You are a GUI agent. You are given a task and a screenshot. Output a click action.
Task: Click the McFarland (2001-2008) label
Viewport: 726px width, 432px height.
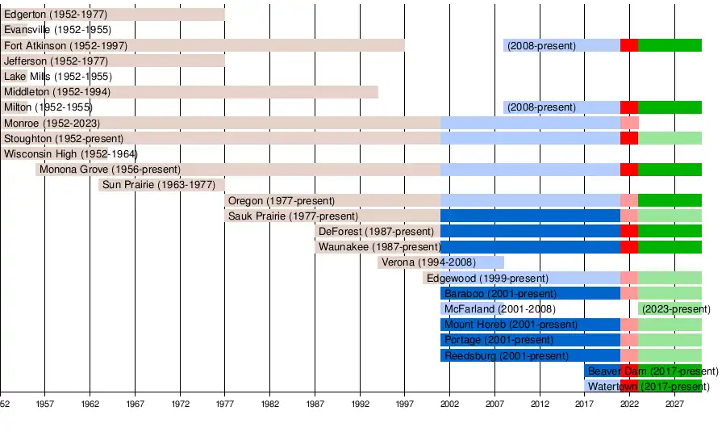click(499, 309)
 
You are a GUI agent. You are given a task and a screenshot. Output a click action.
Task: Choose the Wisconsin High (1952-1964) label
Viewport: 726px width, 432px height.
click(70, 154)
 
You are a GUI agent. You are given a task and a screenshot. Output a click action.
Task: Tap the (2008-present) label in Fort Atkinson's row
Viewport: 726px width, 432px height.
click(541, 46)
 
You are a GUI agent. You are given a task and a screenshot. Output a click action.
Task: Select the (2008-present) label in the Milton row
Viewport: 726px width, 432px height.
click(541, 107)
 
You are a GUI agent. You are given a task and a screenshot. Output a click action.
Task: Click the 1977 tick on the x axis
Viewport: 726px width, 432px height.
click(224, 403)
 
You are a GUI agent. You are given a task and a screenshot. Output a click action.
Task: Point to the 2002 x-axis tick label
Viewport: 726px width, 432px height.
click(449, 403)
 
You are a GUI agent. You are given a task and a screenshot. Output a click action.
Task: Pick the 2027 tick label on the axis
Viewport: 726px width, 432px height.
click(674, 403)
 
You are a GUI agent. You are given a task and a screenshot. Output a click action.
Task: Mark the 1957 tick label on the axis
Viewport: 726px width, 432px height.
click(44, 403)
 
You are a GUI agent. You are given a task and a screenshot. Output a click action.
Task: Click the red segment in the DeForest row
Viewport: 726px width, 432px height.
click(629, 232)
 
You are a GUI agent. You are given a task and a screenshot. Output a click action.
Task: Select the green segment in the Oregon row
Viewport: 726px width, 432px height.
click(670, 200)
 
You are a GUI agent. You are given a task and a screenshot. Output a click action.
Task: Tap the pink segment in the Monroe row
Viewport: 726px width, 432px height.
click(629, 124)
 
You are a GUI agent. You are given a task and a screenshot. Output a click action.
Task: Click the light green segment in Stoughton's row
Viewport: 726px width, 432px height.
click(670, 139)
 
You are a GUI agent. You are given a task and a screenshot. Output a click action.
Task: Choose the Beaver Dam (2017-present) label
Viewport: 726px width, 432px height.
click(652, 371)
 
